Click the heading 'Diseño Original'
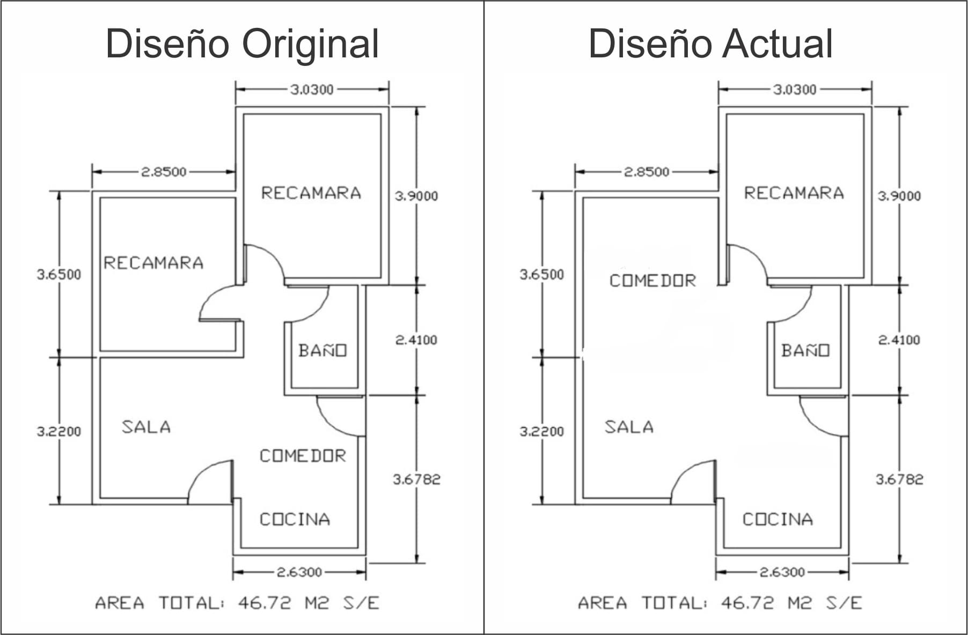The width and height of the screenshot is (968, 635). click(x=242, y=44)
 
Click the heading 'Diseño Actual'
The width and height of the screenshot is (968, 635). click(x=710, y=44)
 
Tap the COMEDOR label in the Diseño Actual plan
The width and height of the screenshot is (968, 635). click(x=652, y=280)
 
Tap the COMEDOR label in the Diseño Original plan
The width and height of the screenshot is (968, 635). click(x=303, y=456)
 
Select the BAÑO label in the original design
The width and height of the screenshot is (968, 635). click(x=322, y=351)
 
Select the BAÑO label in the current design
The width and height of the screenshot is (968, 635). click(x=805, y=351)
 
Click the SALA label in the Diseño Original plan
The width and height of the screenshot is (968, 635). click(x=146, y=427)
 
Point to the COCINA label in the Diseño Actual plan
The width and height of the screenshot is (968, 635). click(x=778, y=519)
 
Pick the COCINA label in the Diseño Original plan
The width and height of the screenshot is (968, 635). click(x=295, y=519)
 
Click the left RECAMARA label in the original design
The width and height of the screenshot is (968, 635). click(x=153, y=263)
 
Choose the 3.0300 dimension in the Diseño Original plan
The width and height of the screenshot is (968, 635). click(x=312, y=90)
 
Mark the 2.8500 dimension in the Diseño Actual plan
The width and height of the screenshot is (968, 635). click(x=647, y=172)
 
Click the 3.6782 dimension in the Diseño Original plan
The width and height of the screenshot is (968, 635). click(x=416, y=479)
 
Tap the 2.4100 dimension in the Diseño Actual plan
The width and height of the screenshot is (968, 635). click(x=899, y=340)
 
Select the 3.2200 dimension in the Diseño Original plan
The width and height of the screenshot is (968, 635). click(x=59, y=431)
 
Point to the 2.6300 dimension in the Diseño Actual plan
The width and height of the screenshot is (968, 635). click(x=782, y=572)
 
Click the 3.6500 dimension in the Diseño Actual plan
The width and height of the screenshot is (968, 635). click(x=542, y=275)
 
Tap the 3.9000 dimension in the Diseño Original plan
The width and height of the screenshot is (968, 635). click(x=416, y=196)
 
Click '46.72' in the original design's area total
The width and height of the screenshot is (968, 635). click(x=265, y=603)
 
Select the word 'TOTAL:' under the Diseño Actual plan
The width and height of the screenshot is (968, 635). click(x=674, y=603)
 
